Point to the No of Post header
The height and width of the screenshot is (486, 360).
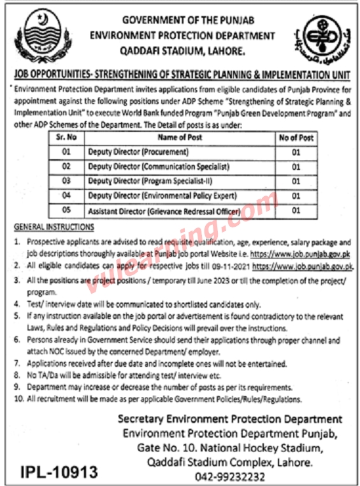click(296, 138)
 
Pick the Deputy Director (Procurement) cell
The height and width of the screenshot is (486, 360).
click(138, 152)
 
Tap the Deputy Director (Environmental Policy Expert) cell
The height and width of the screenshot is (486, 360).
click(162, 196)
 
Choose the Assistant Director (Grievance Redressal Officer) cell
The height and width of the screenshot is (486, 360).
click(164, 211)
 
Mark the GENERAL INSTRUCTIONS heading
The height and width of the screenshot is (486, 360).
click(54, 227)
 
